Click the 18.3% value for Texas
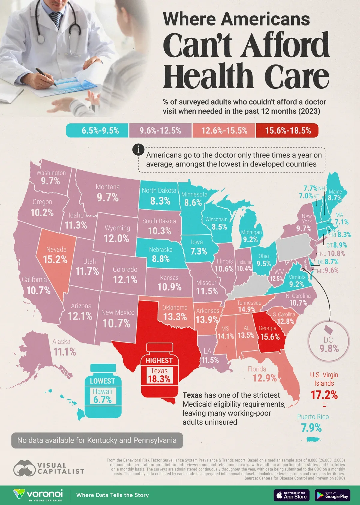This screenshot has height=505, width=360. pyautogui.click(x=159, y=379)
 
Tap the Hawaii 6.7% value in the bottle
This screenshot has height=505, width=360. pyautogui.click(x=102, y=399)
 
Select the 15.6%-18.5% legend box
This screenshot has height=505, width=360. pyautogui.click(x=287, y=131)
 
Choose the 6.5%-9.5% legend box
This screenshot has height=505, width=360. pyautogui.click(x=97, y=131)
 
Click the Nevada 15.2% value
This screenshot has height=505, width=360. pyautogui.click(x=55, y=259)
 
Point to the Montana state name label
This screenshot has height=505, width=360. pyautogui.click(x=107, y=187)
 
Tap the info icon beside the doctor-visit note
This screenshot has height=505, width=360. pyautogui.click(x=138, y=149)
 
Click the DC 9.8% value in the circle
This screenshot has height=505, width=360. pyautogui.click(x=329, y=348)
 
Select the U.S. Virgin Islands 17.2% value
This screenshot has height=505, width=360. pyautogui.click(x=324, y=395)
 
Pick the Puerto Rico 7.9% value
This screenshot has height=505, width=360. pyautogui.click(x=311, y=428)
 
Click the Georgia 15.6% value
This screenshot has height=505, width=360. pyautogui.click(x=270, y=336)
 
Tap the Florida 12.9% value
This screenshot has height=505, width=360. pyautogui.click(x=264, y=378)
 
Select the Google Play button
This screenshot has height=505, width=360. pyautogui.click(x=333, y=495)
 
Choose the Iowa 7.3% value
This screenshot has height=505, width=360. pyautogui.click(x=199, y=251)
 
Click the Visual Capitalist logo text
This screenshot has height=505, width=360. pyautogui.click(x=60, y=468)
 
